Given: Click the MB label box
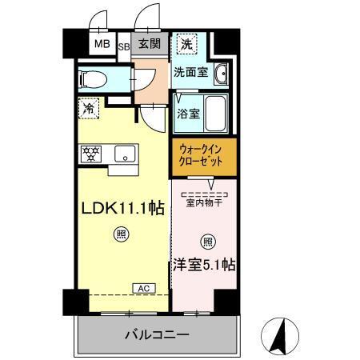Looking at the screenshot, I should (x=102, y=45).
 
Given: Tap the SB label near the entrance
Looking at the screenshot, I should (x=125, y=46).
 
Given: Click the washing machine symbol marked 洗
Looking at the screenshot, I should (x=186, y=45).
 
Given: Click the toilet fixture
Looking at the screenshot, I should (x=94, y=79).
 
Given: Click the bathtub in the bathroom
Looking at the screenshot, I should (x=213, y=108).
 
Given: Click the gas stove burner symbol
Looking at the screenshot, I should (x=90, y=152).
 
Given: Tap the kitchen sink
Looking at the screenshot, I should (x=124, y=153).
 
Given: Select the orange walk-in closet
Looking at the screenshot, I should (x=203, y=157).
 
